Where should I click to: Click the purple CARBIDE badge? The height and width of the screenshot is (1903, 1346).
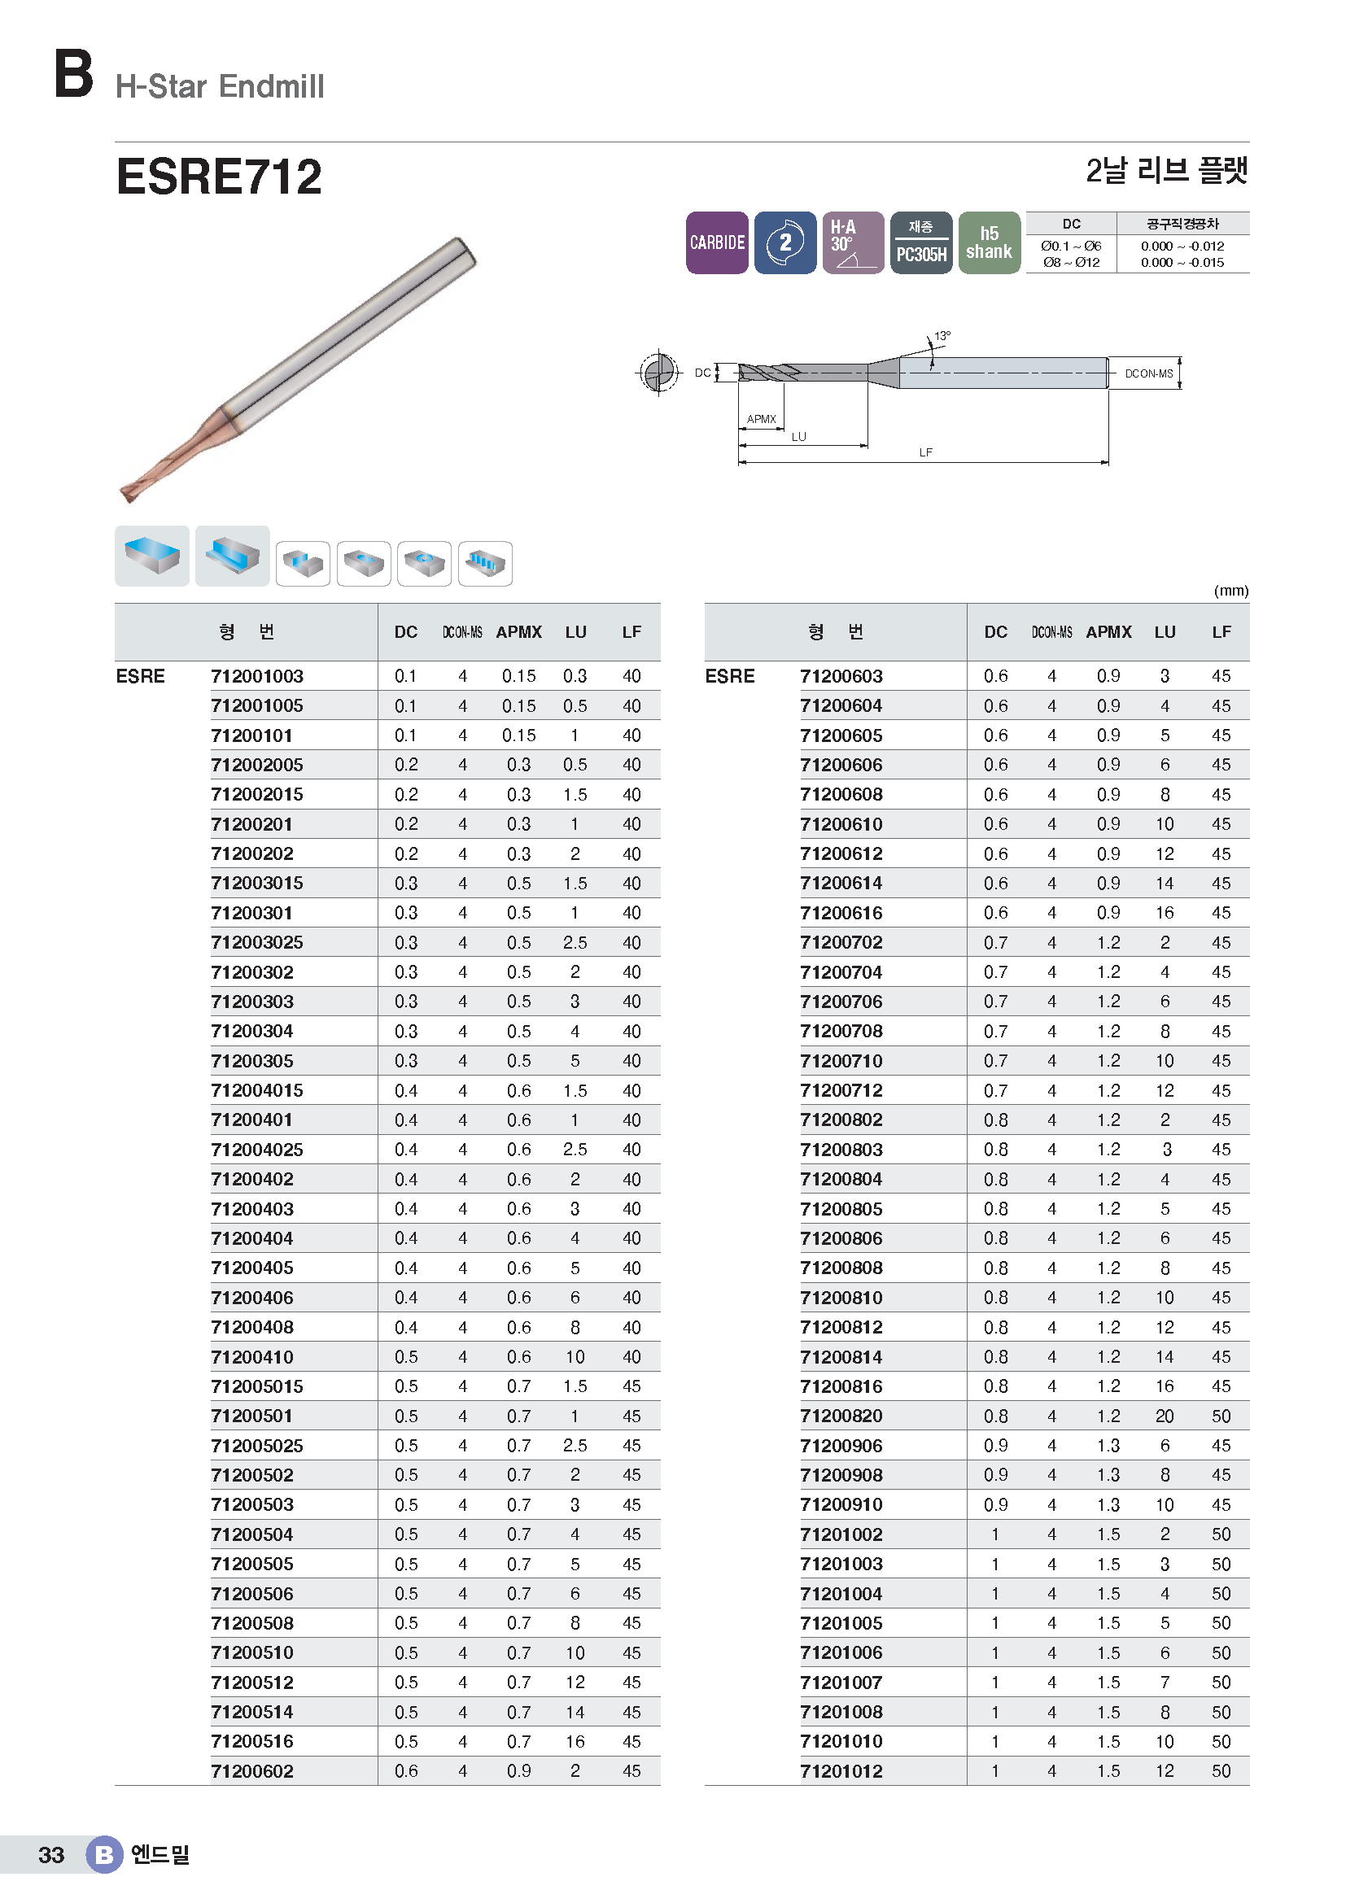tap(717, 242)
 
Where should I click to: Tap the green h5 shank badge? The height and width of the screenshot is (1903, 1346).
tap(989, 242)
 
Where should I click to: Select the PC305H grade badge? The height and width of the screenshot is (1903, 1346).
tap(921, 242)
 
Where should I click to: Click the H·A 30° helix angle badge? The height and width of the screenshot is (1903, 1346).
tap(853, 242)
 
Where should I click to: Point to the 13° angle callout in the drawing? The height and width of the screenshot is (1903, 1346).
tap(942, 336)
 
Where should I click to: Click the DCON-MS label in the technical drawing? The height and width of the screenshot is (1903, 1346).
tap(1149, 373)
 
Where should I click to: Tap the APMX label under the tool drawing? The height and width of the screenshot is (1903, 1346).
tap(761, 418)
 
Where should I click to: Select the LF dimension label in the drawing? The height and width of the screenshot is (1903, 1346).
tap(926, 452)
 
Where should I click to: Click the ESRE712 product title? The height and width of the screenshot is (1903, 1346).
tap(219, 177)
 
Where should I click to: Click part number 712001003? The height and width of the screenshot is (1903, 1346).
tap(257, 676)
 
